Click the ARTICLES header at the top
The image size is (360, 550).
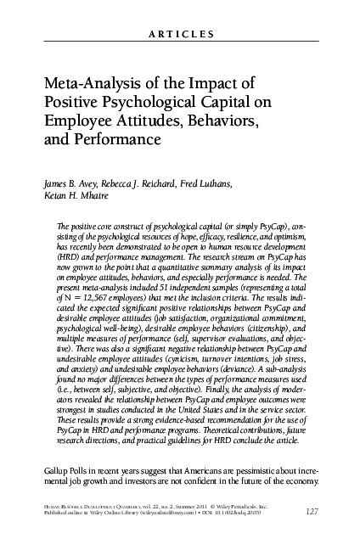tap(181, 34)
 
